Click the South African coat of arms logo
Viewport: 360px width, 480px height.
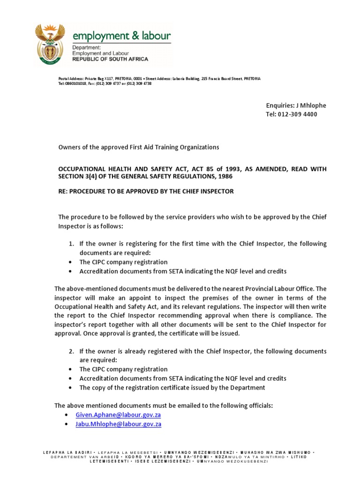click(x=51, y=45)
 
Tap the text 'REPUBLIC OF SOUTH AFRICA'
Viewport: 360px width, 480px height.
click(x=110, y=60)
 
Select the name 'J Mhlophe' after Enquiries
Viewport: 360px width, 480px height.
click(x=309, y=105)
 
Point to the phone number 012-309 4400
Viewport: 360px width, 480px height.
click(x=297, y=114)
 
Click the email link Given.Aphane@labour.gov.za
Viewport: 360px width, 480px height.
click(x=118, y=415)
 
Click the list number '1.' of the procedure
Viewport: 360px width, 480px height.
click(x=72, y=244)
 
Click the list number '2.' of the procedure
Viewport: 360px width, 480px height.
click(x=72, y=352)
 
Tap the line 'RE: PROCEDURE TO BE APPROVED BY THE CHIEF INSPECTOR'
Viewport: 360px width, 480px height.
click(x=145, y=191)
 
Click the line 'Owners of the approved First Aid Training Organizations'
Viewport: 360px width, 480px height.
click(x=138, y=147)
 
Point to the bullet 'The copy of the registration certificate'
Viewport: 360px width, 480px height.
click(x=172, y=388)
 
